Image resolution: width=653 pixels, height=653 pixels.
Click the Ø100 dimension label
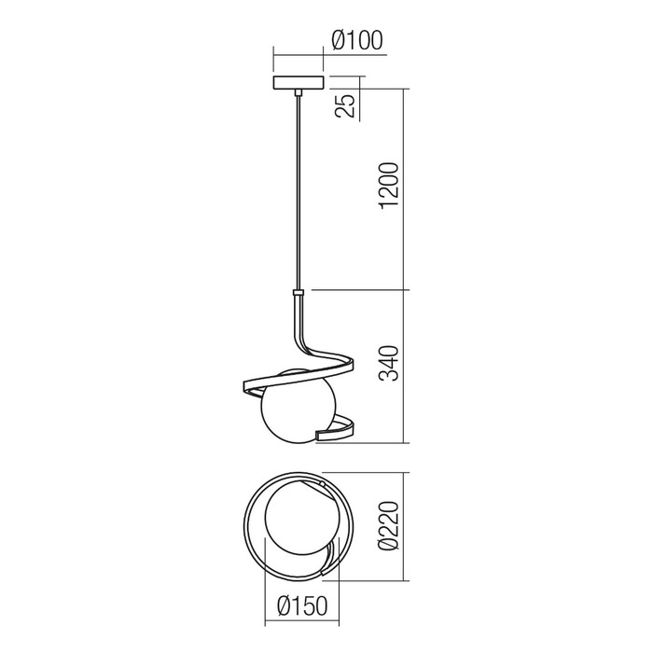(x=358, y=41)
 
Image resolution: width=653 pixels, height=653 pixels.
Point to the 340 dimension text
(x=392, y=365)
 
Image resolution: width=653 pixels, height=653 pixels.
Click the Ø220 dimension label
(x=392, y=529)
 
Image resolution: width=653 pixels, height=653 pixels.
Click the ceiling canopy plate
(x=298, y=82)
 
